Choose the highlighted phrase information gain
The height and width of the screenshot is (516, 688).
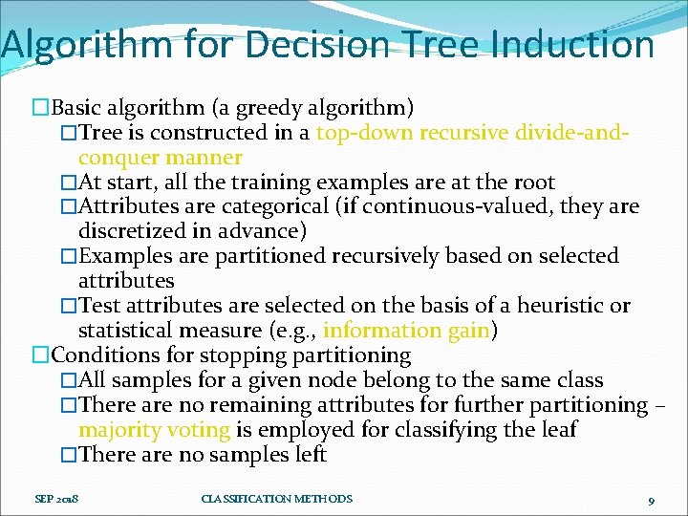pos(407,331)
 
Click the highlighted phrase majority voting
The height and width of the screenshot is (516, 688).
pos(155,430)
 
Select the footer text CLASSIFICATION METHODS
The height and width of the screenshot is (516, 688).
pos(277,499)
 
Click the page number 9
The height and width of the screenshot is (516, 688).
pos(650,500)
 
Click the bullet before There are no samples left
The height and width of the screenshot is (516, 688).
pos(68,455)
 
